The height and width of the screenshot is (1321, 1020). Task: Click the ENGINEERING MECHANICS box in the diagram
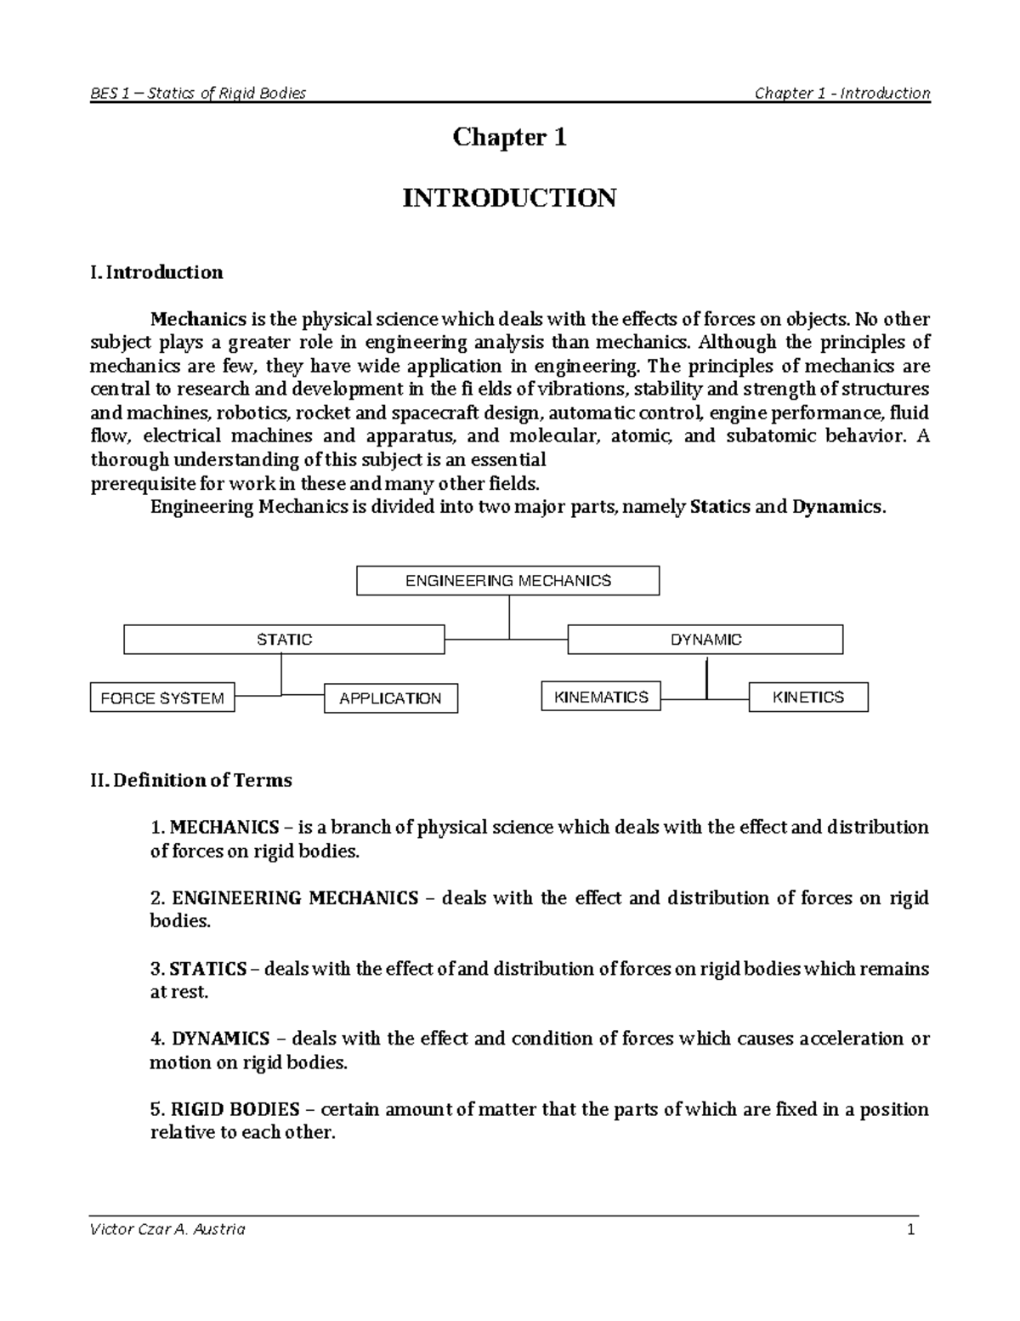click(507, 581)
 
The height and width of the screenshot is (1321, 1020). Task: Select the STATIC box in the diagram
click(284, 640)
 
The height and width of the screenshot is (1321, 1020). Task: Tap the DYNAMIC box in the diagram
click(705, 640)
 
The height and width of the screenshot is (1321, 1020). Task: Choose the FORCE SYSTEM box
click(162, 698)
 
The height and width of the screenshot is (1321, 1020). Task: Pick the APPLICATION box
click(391, 698)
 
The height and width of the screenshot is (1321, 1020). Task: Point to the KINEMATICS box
click(601, 698)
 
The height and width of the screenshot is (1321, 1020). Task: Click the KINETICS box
click(808, 698)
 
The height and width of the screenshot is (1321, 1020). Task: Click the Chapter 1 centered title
click(509, 137)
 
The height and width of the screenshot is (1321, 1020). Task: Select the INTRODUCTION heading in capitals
click(509, 198)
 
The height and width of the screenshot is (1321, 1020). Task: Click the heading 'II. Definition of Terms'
click(190, 780)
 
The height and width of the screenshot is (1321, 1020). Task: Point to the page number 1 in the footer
click(909, 1229)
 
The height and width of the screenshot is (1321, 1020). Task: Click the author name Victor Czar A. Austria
click(167, 1229)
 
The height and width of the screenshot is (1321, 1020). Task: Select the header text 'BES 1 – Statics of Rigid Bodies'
click(198, 93)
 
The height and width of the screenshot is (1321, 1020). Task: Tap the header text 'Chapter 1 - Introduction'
click(842, 93)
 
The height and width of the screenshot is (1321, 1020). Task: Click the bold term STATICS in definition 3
click(208, 969)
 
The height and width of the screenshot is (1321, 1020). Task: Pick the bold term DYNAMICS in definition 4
click(220, 1039)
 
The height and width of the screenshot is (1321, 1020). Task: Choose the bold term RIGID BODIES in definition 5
click(235, 1109)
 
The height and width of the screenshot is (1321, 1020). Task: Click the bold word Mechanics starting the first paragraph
click(198, 320)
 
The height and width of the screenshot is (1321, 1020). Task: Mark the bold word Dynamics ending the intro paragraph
click(836, 507)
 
